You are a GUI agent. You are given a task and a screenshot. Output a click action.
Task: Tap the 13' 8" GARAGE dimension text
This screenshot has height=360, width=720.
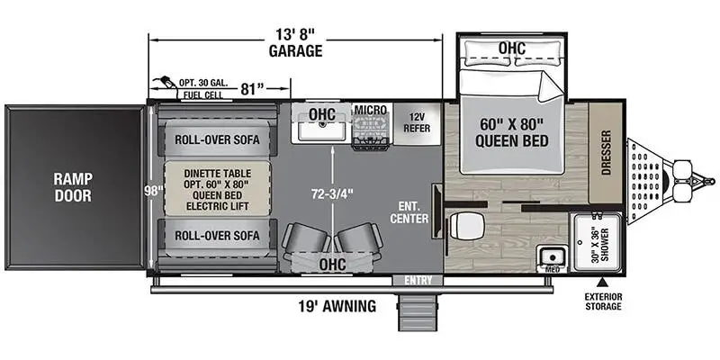tap(294, 42)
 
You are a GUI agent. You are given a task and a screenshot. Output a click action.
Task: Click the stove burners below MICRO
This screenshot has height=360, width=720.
tap(370, 134)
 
